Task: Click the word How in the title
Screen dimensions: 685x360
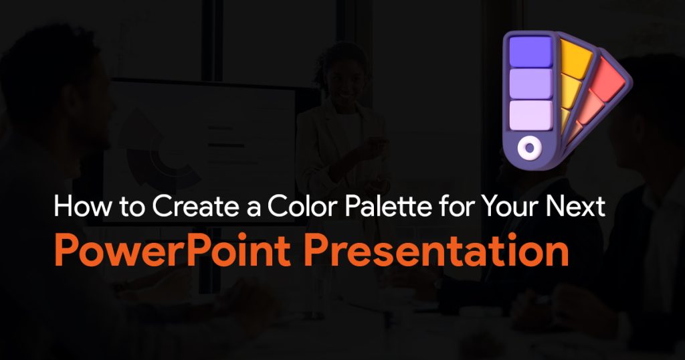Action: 82,206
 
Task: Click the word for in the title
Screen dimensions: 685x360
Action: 445,206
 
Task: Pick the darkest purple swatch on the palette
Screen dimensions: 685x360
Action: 531,52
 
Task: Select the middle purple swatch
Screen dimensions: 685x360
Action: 531,83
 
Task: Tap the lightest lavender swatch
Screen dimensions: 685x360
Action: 531,115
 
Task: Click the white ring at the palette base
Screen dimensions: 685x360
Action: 529,148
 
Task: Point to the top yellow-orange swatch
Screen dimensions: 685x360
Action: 575,59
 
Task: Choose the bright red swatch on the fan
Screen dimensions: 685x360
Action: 609,75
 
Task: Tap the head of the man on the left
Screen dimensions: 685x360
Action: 52,88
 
